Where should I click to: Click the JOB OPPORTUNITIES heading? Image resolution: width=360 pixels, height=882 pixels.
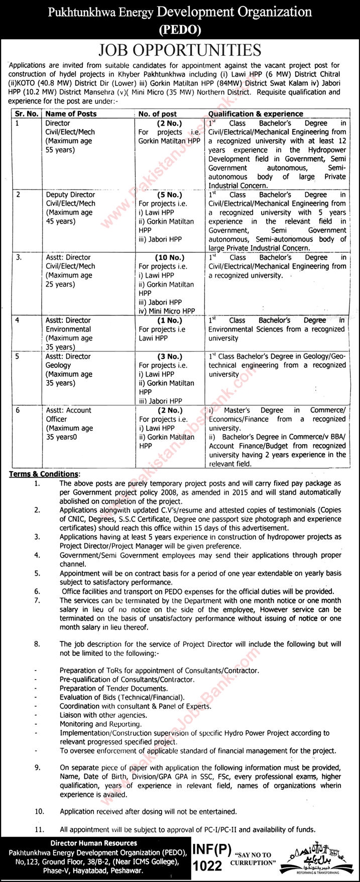180,51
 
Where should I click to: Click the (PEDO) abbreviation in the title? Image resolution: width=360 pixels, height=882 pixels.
180,30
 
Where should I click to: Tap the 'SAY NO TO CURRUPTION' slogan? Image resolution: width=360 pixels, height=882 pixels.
258,858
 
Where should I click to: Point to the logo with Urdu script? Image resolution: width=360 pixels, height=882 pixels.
319,858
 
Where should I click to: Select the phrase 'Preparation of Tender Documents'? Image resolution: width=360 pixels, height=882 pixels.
113,688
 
